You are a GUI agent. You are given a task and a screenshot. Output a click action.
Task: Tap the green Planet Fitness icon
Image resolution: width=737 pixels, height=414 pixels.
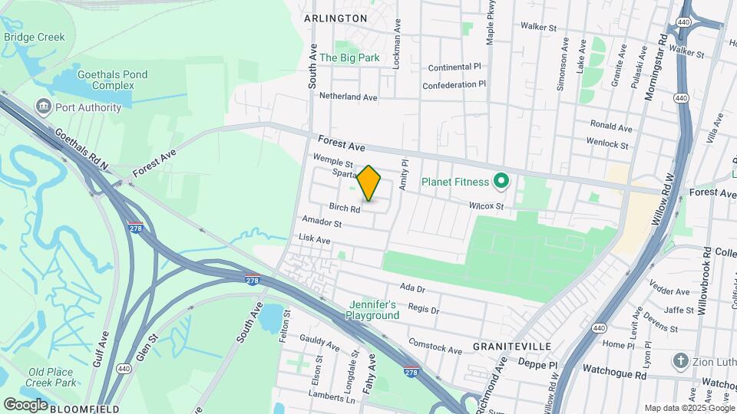click(x=501, y=182)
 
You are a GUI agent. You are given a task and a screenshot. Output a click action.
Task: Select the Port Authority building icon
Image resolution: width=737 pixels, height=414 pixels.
click(x=43, y=107)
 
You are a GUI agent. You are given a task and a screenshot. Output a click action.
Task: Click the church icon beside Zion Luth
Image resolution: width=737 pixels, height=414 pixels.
click(x=679, y=360)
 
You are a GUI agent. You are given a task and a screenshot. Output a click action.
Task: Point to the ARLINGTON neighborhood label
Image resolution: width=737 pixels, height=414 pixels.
click(x=335, y=18)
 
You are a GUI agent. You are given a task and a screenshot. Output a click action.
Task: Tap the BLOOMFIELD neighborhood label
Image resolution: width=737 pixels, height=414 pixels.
click(x=84, y=409)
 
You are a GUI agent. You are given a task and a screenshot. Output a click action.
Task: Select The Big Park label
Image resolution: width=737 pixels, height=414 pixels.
click(x=350, y=58)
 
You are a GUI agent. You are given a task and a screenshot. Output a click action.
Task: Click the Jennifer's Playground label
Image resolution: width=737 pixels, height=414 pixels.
click(x=372, y=310)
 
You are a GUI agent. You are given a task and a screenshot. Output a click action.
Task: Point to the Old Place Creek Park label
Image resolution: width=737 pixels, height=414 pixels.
click(x=51, y=377)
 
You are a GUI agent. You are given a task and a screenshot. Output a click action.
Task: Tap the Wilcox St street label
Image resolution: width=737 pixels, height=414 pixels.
click(x=487, y=205)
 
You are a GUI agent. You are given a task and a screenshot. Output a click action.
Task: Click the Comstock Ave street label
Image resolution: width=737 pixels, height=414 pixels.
click(x=435, y=346)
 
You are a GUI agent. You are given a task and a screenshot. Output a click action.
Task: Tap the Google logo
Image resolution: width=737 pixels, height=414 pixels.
click(x=25, y=405)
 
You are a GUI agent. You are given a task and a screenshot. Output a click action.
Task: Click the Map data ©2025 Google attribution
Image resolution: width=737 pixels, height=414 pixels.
click(x=689, y=408)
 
